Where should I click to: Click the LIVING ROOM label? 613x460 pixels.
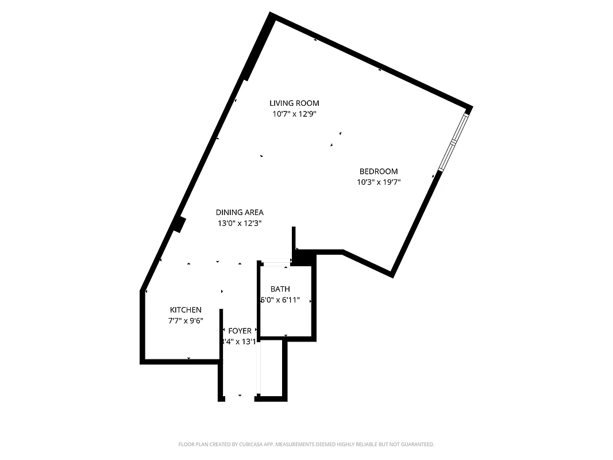(294, 103)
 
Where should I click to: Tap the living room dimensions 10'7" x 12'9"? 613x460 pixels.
(294, 114)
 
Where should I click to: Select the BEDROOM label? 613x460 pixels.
(378, 171)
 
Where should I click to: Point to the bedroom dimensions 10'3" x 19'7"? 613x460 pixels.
(378, 182)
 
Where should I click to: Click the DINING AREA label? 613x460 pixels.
(240, 212)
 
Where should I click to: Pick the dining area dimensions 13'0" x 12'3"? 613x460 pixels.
(240, 223)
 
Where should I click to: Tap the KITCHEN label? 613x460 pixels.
(186, 310)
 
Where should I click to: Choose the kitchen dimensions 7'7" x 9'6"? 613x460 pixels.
(186, 321)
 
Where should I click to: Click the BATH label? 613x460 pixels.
(280, 289)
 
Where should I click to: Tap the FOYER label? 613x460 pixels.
(240, 331)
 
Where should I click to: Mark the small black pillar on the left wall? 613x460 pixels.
(180, 224)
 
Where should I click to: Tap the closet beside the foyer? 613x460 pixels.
(272, 368)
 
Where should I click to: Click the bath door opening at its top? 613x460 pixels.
(275, 264)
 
